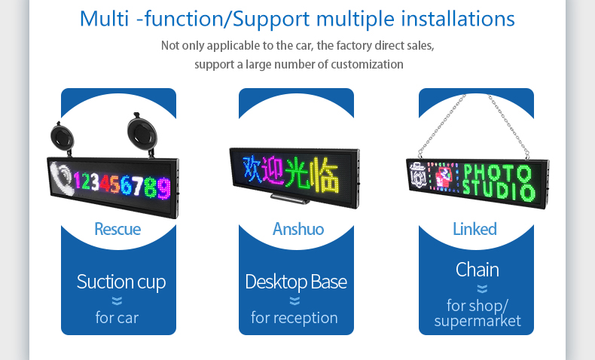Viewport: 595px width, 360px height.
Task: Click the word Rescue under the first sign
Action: click(x=117, y=228)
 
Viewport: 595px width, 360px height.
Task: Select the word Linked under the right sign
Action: click(x=474, y=228)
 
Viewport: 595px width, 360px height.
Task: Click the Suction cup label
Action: click(x=121, y=282)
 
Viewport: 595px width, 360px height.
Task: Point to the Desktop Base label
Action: click(x=296, y=282)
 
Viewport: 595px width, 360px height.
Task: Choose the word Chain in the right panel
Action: click(x=477, y=270)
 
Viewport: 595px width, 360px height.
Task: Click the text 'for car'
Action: click(x=117, y=318)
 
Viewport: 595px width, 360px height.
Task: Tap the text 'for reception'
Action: click(x=294, y=318)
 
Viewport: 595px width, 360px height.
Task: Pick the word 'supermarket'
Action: click(x=478, y=321)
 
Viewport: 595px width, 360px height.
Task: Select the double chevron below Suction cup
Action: click(x=117, y=301)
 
